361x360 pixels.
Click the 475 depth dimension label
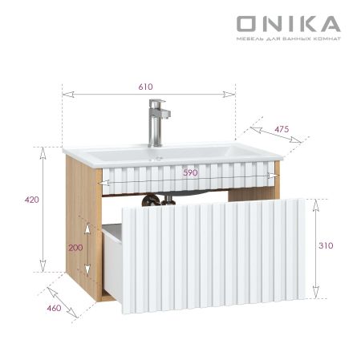point(281,127)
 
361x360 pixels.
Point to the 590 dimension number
point(190,172)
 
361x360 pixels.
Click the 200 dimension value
point(75,248)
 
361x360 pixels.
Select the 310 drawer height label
point(325,245)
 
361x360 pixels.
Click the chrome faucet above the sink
point(156,124)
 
